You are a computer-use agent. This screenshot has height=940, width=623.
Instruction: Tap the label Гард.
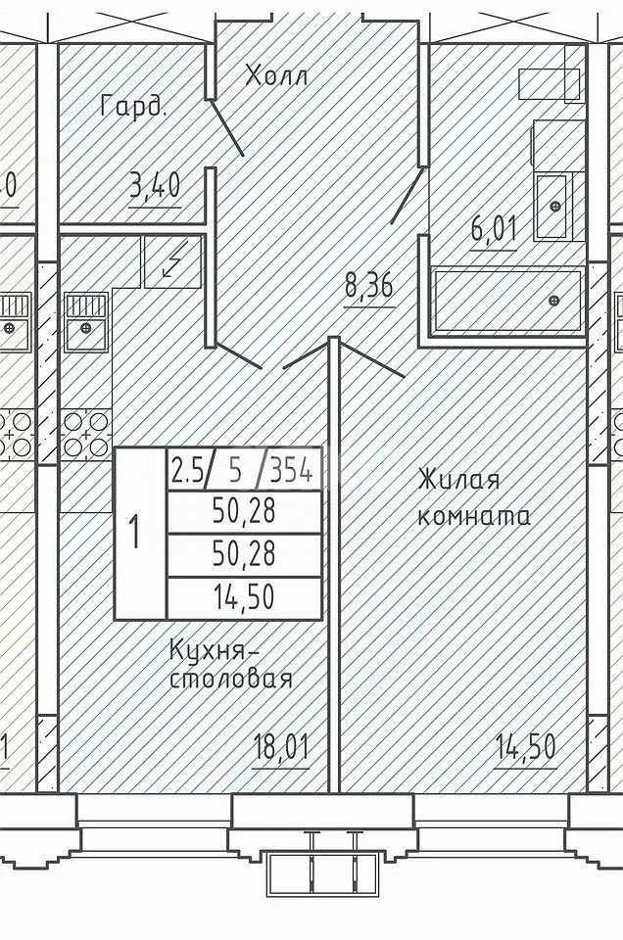pos(133,106)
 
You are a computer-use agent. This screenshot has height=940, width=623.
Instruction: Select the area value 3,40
pos(155,185)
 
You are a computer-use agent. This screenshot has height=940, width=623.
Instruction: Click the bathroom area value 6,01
pos(493,232)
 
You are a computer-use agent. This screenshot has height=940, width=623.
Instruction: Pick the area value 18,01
pos(280,752)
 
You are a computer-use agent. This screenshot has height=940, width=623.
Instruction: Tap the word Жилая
pos(458,481)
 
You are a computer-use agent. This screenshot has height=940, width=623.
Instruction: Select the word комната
pos(474,516)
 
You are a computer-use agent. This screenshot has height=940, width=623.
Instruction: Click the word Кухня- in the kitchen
pos(216,649)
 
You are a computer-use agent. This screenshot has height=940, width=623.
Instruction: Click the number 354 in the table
pos(290,472)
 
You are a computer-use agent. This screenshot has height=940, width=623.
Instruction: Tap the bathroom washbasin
pos(553,207)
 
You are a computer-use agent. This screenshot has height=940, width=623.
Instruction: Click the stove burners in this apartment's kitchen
pos(86,432)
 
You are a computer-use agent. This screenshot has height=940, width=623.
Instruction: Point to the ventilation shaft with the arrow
pos(172,261)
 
